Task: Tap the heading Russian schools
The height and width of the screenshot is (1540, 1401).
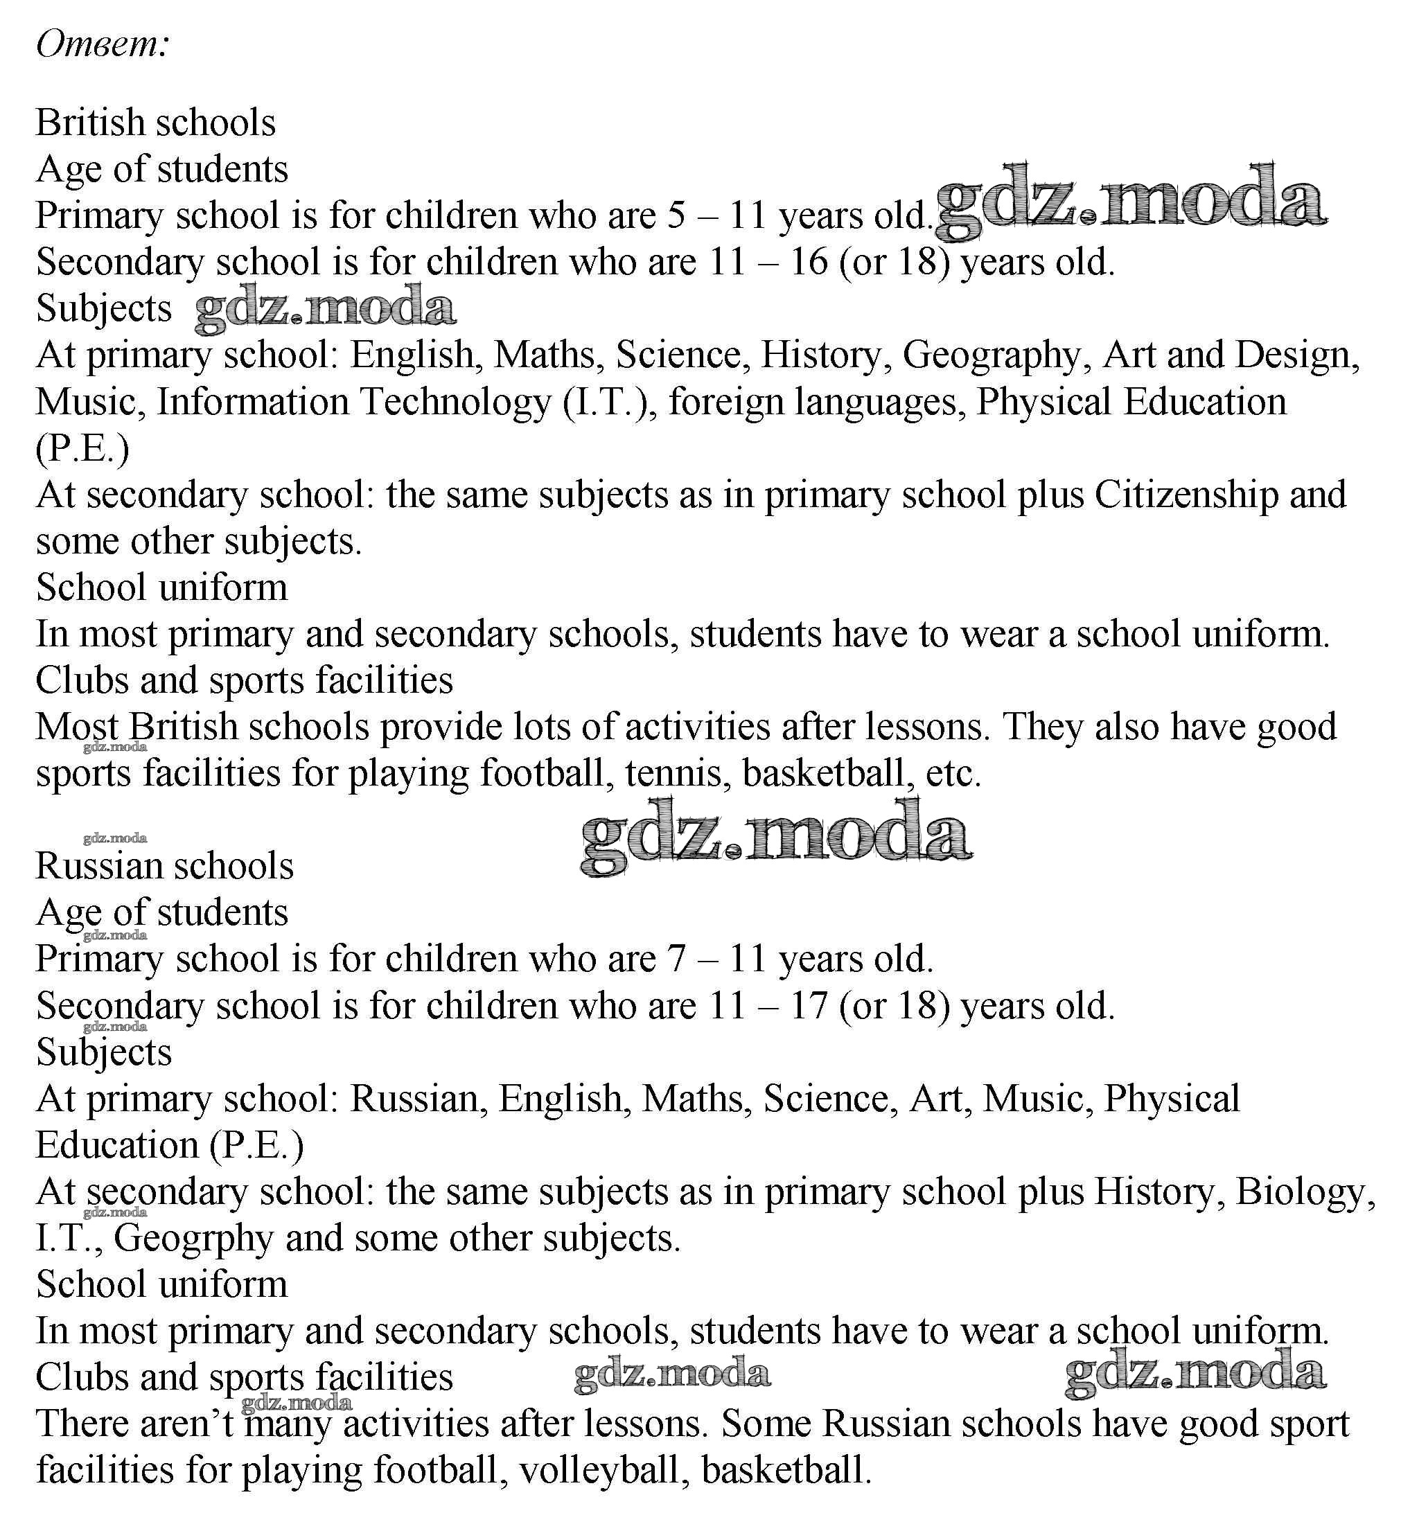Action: click(165, 866)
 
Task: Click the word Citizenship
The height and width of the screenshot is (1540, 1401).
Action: click(1186, 495)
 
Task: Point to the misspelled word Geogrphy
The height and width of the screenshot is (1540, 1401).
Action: click(193, 1238)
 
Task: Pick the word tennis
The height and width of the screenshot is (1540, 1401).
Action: click(673, 774)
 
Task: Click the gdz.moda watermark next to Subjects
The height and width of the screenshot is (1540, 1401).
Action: click(326, 308)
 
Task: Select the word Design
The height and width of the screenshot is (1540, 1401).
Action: click(1296, 356)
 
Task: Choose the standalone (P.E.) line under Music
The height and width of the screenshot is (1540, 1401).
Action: click(82, 449)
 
